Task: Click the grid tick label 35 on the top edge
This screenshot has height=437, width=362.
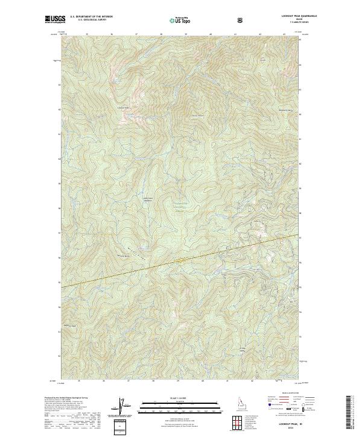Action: click(87, 35)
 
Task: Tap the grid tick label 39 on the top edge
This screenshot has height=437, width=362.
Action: click(186, 35)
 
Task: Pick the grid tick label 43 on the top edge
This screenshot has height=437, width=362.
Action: click(285, 35)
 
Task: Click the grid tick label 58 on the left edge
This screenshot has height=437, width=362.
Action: click(59, 208)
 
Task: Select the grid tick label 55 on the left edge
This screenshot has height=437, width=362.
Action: click(59, 283)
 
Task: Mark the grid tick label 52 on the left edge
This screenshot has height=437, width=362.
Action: click(59, 357)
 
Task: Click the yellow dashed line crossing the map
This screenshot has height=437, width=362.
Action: click(181, 259)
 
